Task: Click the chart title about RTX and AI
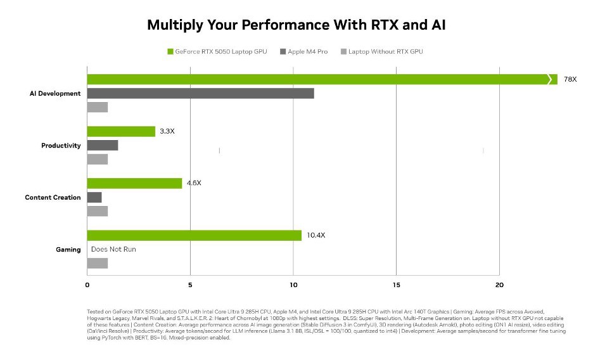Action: click(x=296, y=25)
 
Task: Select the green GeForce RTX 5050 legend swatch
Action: click(x=170, y=51)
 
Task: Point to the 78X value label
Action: click(x=570, y=79)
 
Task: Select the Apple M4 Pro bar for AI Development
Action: click(x=200, y=93)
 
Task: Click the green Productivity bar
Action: click(x=121, y=131)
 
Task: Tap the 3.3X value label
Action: click(x=167, y=131)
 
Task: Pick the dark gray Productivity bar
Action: click(x=103, y=145)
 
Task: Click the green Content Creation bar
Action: click(x=134, y=183)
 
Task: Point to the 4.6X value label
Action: click(x=194, y=183)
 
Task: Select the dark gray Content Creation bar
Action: click(x=94, y=197)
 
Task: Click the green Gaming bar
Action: click(x=194, y=235)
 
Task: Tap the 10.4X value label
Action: click(x=316, y=235)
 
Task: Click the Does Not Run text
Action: click(x=113, y=249)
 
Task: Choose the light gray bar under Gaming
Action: click(x=98, y=263)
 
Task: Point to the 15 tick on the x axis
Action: click(x=396, y=285)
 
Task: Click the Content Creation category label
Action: click(x=53, y=197)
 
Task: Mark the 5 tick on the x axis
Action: click(x=190, y=285)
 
